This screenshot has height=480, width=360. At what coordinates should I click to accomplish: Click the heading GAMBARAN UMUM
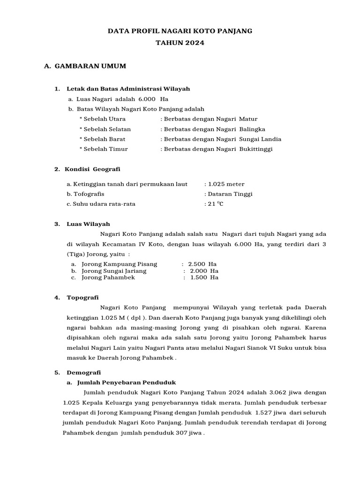90,66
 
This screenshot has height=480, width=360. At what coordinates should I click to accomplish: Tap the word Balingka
252,129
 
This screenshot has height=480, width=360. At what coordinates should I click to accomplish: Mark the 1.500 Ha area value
204,277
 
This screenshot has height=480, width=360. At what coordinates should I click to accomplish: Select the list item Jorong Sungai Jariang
114,271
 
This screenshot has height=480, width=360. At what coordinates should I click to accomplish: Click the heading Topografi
82,297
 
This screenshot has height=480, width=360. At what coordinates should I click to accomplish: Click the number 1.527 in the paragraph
263,412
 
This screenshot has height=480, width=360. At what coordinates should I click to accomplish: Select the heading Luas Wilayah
88,224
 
